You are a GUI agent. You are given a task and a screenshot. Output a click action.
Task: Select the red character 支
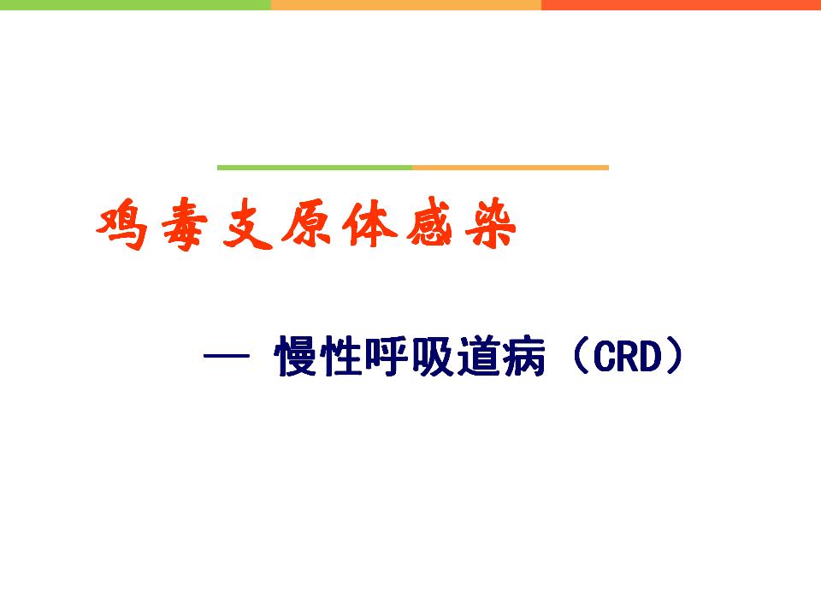pos(247,225)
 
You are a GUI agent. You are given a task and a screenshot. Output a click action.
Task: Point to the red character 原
pos(308,225)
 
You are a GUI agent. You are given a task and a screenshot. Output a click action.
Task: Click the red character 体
pos(369,223)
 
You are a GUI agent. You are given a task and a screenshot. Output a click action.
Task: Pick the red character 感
pos(429,222)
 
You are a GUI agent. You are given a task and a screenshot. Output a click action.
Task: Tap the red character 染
pos(491,222)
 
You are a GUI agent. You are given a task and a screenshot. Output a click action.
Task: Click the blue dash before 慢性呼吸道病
pos(226,356)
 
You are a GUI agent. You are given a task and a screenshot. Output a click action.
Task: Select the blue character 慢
pos(296,356)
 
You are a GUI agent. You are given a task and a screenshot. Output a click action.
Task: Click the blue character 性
pos(341,356)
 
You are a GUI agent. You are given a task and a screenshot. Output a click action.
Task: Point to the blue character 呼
pos(387,356)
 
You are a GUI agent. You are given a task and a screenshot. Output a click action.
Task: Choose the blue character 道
pos(478,356)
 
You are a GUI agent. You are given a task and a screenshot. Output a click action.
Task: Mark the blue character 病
pos(523,356)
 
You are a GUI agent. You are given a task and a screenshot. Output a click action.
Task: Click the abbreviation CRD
pos(628,357)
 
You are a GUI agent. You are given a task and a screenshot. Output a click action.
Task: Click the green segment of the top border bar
pos(135,5)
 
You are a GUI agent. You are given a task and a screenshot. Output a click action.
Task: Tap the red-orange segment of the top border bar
pos(682,5)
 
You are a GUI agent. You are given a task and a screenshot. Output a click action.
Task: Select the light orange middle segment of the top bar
pos(405,5)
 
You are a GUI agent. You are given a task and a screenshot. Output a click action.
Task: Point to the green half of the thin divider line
pos(315,168)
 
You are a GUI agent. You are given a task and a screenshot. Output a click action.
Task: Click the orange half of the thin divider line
pos(511,168)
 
